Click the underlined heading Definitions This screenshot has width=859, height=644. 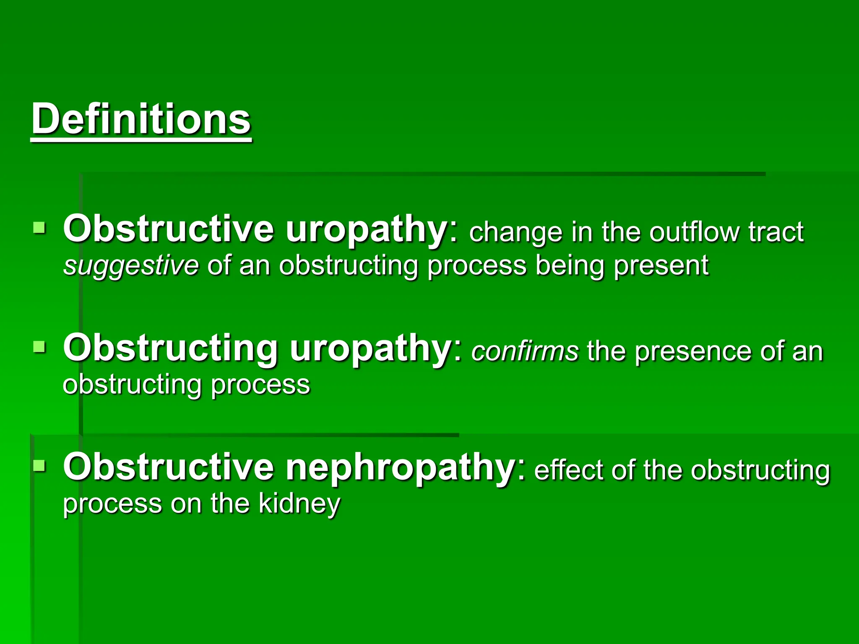click(141, 119)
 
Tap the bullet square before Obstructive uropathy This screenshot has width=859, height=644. click(39, 228)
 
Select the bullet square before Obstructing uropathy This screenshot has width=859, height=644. click(39, 347)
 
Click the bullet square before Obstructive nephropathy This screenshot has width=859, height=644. click(39, 465)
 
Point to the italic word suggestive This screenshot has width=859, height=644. click(131, 266)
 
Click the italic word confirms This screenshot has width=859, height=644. click(525, 351)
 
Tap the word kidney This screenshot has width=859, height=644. click(299, 504)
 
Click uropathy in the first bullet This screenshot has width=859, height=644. click(366, 230)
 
